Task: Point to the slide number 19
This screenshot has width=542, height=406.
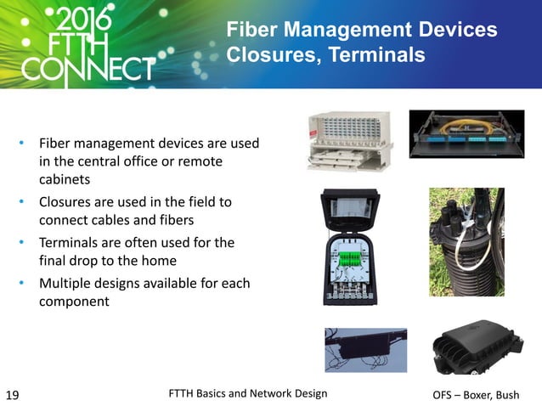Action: click(x=13, y=394)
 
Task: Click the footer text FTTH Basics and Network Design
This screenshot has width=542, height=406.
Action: click(x=248, y=392)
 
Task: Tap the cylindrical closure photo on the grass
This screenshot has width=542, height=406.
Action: click(x=466, y=242)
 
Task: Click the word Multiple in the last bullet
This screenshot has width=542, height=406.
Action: click(x=68, y=282)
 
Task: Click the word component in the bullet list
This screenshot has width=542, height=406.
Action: click(x=74, y=301)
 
